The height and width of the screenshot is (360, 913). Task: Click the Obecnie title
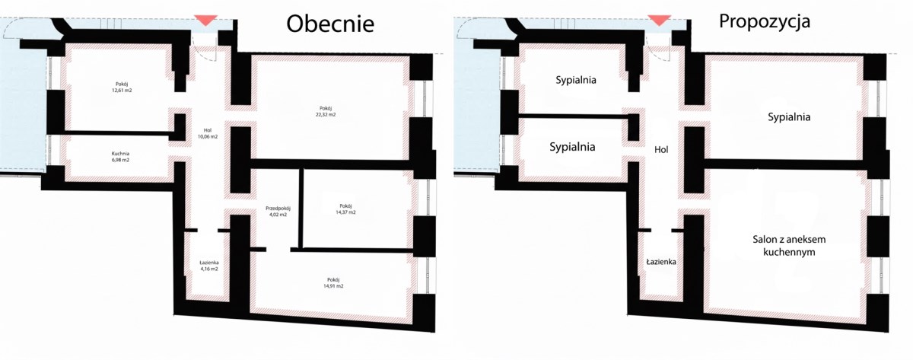point(330,24)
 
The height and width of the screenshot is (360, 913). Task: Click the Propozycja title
point(765,21)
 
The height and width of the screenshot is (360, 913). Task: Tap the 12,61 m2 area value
point(122,91)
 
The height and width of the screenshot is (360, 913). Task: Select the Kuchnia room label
point(120,154)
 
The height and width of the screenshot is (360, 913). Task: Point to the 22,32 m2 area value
point(326,115)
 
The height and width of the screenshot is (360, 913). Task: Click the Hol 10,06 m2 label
point(208,134)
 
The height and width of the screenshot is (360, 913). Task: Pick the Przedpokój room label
point(278,209)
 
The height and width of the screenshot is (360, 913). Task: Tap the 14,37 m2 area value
point(345,212)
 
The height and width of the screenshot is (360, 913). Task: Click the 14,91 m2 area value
point(333,286)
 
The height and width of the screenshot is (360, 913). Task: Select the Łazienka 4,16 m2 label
point(208,266)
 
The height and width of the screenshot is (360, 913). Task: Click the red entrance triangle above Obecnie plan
point(205,21)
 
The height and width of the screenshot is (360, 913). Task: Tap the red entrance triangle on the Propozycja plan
point(659,21)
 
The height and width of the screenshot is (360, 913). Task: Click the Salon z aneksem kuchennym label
point(789,245)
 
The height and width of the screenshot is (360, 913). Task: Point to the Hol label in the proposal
point(661,150)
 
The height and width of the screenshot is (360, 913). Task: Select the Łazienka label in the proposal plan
point(661,262)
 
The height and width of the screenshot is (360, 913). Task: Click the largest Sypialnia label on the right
point(789,117)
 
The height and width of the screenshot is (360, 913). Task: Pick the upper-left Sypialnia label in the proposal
point(575,80)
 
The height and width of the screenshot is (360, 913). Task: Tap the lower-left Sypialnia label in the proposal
point(572,147)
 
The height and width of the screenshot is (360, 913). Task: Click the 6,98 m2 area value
point(120,161)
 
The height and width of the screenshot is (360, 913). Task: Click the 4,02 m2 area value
point(278,215)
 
